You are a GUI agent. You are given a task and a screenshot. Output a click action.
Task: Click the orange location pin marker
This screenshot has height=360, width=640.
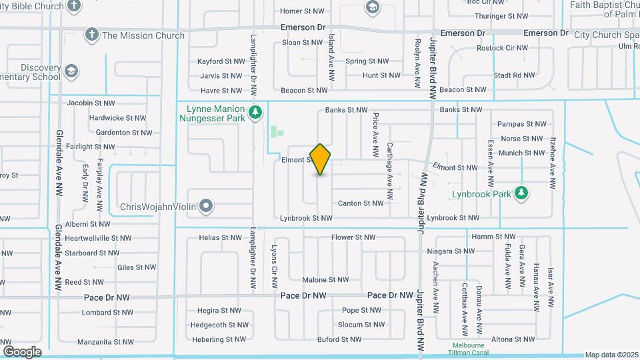[x=321, y=159]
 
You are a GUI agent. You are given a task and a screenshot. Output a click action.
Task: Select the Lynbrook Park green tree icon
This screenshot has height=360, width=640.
[x=521, y=194]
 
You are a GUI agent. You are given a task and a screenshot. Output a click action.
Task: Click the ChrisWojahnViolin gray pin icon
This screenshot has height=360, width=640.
[x=207, y=207]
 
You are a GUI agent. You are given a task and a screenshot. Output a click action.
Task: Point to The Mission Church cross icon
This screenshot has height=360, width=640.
[x=92, y=35]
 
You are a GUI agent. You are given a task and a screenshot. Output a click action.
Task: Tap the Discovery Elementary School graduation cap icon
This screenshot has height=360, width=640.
[x=72, y=71]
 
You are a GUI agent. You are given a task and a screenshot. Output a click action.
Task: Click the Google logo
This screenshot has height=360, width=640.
[x=22, y=351]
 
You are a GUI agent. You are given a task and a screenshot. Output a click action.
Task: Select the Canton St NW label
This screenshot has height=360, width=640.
[x=361, y=203]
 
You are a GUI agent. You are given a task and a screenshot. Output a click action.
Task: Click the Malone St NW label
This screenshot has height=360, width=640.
[x=325, y=280]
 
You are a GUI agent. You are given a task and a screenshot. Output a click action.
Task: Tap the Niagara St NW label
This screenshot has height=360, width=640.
[x=451, y=251]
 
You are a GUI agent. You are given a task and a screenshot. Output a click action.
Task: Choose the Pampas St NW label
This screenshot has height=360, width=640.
[x=522, y=124]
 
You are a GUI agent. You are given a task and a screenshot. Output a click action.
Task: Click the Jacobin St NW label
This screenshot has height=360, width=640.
[x=91, y=103]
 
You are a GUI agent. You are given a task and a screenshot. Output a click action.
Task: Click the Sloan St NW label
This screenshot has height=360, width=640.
[x=302, y=43]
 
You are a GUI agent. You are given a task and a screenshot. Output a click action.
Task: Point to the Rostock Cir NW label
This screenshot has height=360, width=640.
[x=502, y=49]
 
